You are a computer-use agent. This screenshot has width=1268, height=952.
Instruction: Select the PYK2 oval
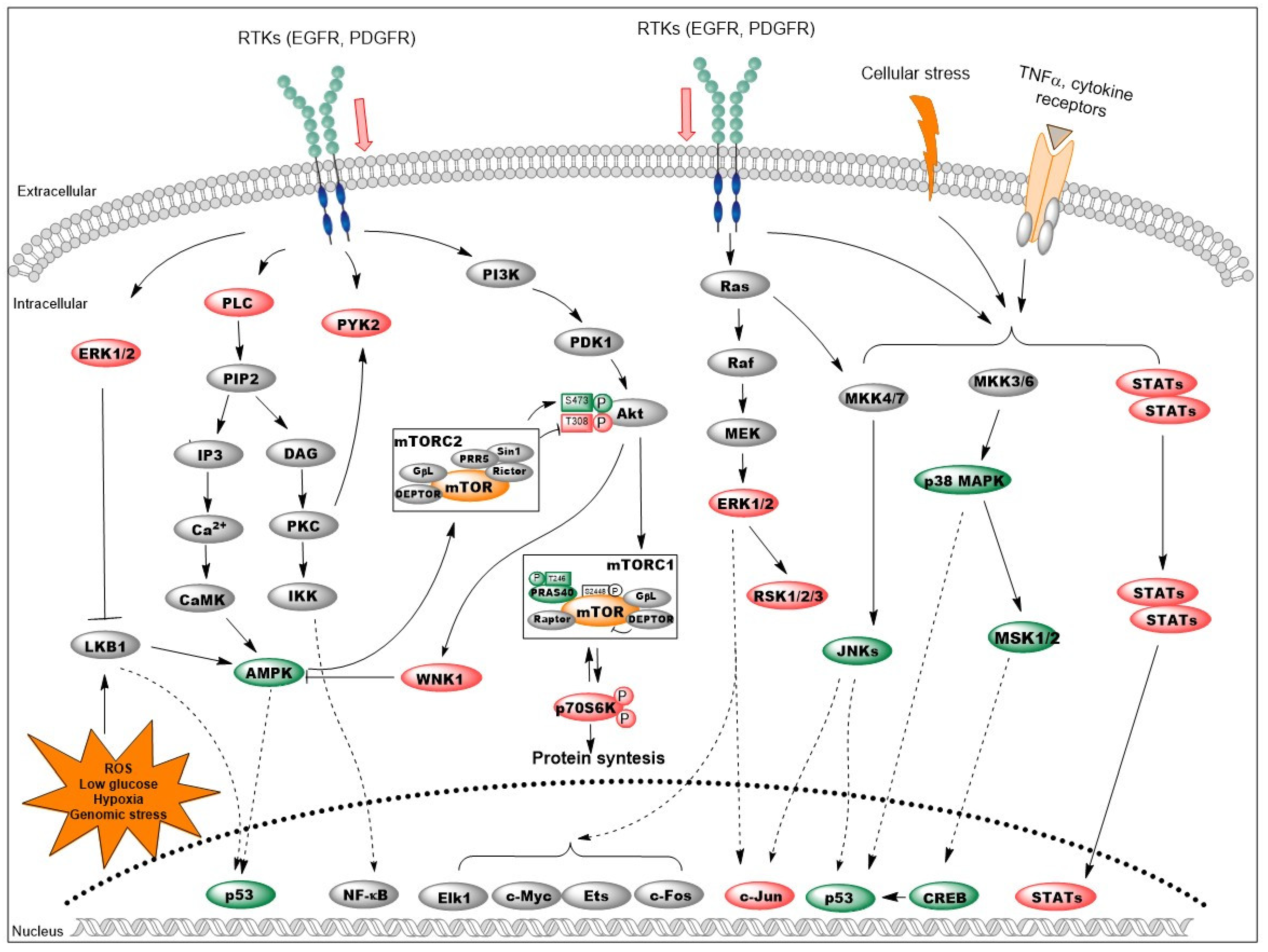point(356,324)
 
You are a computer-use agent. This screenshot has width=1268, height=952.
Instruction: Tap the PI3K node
point(500,275)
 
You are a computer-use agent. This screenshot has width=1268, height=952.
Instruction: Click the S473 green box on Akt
point(576,401)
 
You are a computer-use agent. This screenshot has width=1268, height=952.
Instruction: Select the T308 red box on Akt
point(576,422)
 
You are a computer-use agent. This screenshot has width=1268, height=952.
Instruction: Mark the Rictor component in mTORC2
point(509,471)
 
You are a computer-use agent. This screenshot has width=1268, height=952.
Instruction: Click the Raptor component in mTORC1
point(551,619)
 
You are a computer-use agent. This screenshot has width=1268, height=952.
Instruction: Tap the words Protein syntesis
point(598,758)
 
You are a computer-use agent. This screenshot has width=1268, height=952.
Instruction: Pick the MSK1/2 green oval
point(1024,638)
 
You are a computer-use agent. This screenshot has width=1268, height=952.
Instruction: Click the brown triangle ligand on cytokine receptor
point(1057,134)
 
